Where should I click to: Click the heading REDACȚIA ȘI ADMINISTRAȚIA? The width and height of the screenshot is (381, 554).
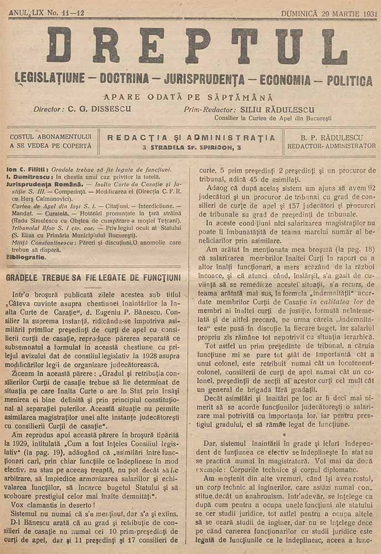tap(191, 137)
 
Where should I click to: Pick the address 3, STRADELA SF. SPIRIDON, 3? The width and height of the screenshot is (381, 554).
tap(191, 147)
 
